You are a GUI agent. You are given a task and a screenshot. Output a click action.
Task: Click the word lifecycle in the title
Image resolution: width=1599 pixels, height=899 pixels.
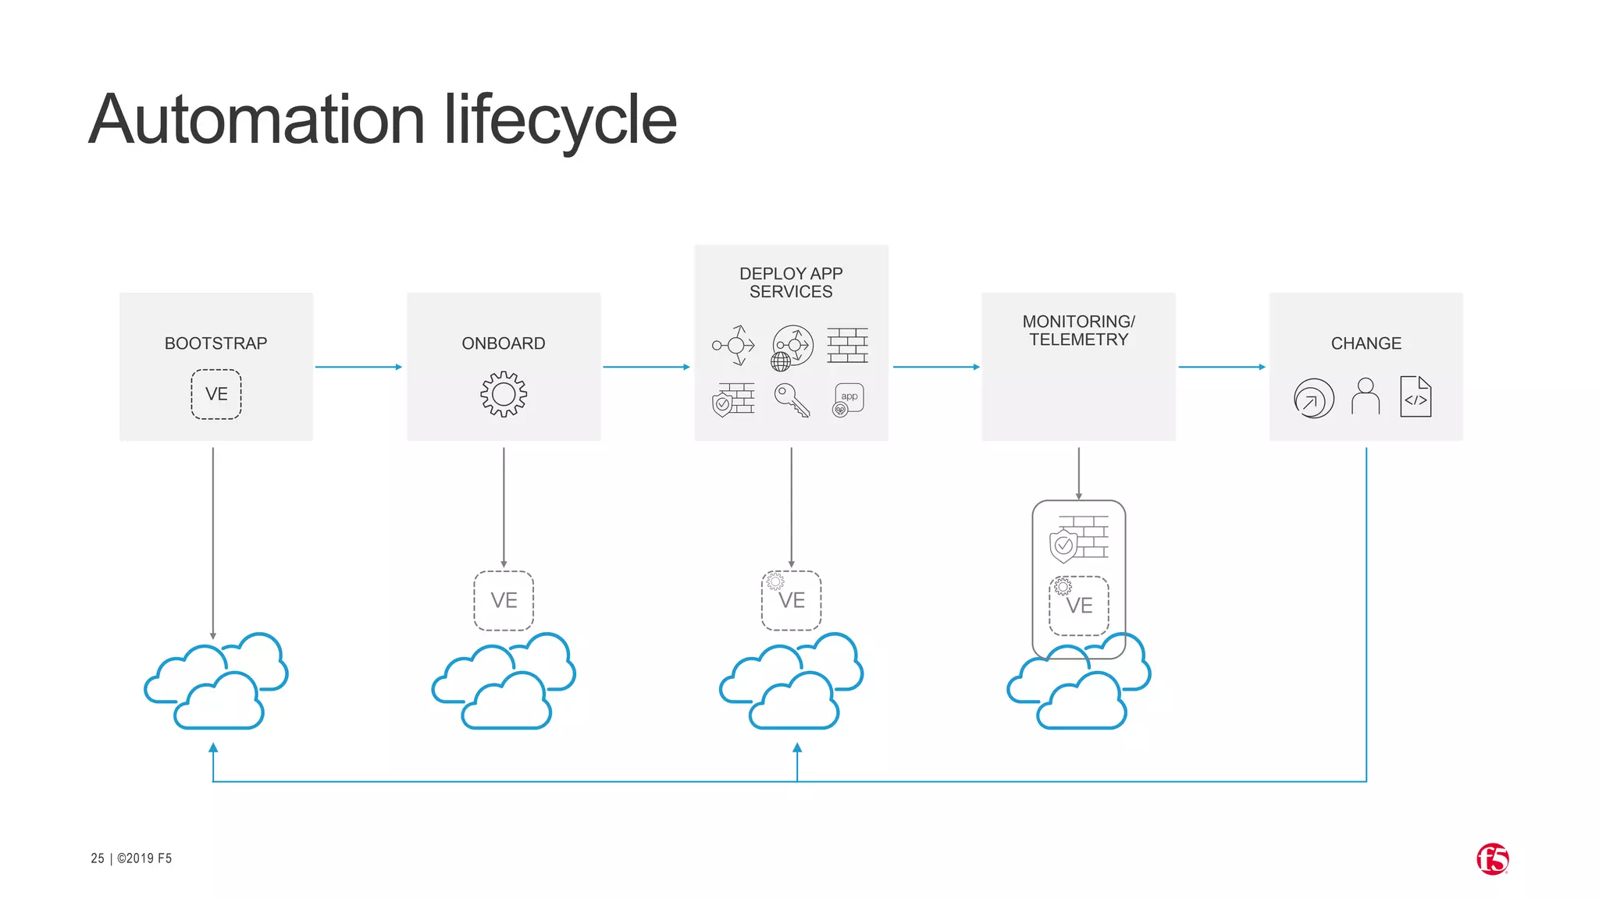(560, 121)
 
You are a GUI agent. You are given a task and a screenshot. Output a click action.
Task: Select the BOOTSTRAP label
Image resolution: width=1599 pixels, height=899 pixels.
(215, 343)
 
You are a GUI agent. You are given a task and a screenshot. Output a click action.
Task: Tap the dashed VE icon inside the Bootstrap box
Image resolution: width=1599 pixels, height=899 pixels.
(216, 394)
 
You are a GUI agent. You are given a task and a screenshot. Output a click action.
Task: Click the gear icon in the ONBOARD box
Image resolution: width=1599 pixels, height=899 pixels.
(504, 394)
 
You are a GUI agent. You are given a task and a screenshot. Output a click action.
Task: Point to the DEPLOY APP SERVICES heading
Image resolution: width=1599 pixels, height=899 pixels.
(791, 282)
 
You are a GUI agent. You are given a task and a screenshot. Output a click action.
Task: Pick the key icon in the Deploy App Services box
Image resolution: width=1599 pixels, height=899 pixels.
(791, 400)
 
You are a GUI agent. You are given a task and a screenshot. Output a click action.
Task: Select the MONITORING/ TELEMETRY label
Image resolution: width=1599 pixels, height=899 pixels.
(1078, 330)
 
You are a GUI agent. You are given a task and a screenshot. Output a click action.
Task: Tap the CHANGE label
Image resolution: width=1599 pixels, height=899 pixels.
(1366, 343)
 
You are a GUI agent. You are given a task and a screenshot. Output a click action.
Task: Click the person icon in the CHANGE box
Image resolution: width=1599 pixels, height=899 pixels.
(1366, 396)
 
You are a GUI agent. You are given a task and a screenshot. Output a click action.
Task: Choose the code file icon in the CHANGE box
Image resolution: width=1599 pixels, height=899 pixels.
(1416, 396)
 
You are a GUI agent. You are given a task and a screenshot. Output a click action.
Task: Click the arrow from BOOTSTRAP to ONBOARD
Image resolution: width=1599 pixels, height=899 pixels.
(358, 367)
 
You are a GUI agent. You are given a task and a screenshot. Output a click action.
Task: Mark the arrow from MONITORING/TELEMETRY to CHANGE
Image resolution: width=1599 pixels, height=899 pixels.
(1222, 367)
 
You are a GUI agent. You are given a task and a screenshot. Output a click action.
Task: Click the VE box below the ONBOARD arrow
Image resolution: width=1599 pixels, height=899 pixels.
(504, 600)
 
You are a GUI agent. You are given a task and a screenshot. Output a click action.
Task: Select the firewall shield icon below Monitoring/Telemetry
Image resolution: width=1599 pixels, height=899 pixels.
(1079, 539)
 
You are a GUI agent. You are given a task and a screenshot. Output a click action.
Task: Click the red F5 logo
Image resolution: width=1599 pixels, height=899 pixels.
(1492, 859)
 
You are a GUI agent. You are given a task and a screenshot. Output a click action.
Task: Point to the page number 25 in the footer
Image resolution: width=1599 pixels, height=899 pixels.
(98, 858)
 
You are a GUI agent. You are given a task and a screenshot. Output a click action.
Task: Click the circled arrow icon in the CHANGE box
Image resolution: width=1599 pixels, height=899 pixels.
(1314, 399)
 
